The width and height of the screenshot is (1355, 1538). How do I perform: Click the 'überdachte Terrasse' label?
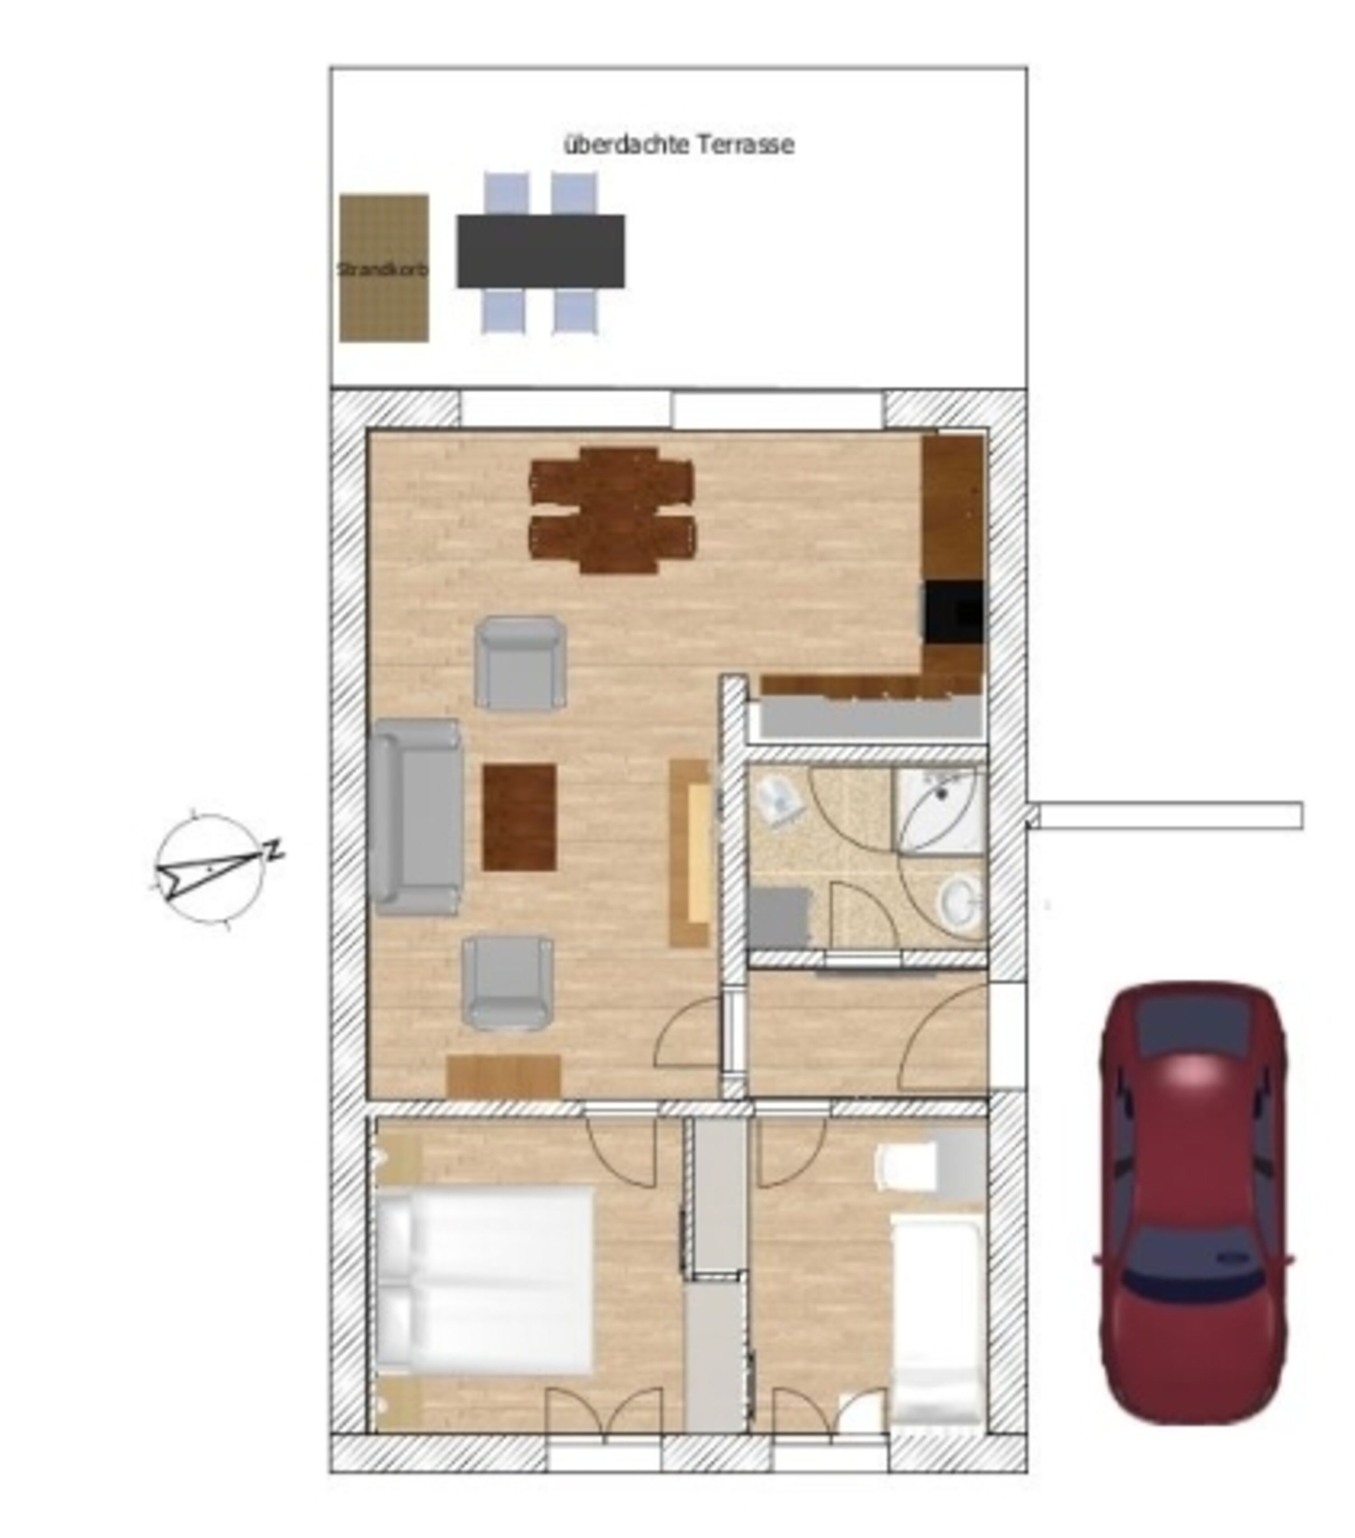tap(678, 145)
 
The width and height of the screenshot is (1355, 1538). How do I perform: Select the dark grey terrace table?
tap(540, 251)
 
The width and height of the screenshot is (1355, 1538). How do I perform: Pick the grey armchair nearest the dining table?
tap(520, 663)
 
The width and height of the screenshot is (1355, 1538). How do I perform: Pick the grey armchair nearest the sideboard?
tap(508, 983)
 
